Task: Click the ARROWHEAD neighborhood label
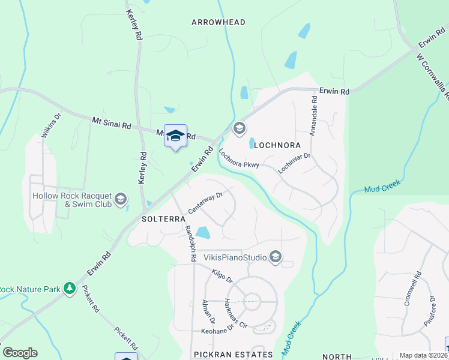pyautogui.click(x=218, y=22)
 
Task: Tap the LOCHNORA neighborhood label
pyautogui.click(x=277, y=145)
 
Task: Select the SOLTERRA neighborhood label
pyautogui.click(x=163, y=219)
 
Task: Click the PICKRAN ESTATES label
pyautogui.click(x=234, y=355)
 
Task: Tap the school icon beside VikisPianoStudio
pyautogui.click(x=276, y=257)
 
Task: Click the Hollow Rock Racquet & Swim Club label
pyautogui.click(x=71, y=200)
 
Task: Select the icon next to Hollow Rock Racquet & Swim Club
pyautogui.click(x=121, y=199)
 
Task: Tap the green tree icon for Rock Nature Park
pyautogui.click(x=70, y=289)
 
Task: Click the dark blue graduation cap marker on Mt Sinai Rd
pyautogui.click(x=175, y=137)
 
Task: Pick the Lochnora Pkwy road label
pyautogui.click(x=238, y=158)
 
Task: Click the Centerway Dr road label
pyautogui.click(x=205, y=203)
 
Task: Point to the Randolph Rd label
pyautogui.click(x=190, y=243)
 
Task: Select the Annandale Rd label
pyautogui.click(x=313, y=115)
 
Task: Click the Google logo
pyautogui.click(x=20, y=353)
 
